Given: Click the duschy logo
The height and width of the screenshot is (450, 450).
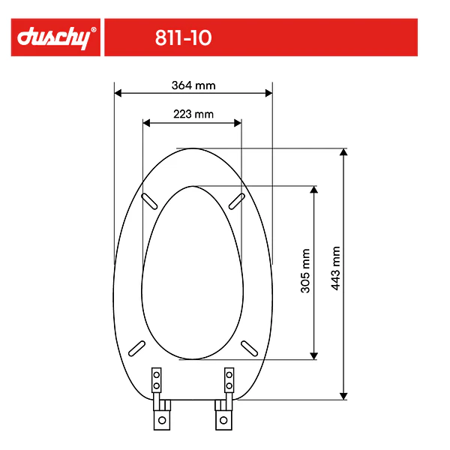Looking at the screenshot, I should [x=55, y=37].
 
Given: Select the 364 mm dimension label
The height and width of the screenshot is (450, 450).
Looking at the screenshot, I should [x=193, y=85].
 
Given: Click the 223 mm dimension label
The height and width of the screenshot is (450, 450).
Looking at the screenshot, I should [x=193, y=114].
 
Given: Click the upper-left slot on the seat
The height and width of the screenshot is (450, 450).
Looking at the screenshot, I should [x=149, y=199].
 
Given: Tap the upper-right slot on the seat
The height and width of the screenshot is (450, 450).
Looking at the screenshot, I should [x=238, y=199].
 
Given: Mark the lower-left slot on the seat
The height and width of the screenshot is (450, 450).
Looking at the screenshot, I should [x=137, y=347].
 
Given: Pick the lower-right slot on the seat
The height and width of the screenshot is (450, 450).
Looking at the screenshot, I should [x=249, y=347].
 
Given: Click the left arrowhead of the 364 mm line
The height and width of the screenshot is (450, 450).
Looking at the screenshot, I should [x=118, y=94].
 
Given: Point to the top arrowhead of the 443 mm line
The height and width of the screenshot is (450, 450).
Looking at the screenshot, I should [x=343, y=152].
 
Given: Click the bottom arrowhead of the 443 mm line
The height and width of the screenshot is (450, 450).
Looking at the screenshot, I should [x=343, y=395].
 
